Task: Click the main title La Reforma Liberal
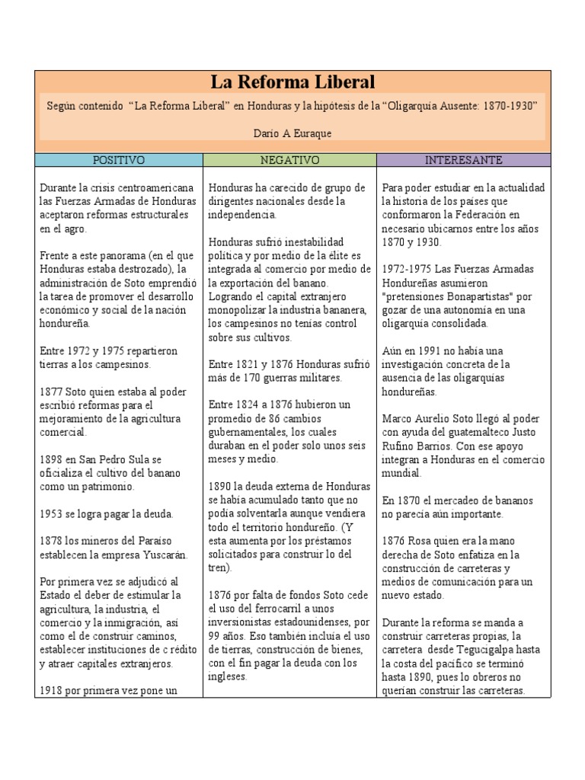click(292, 82)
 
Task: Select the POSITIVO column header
click(118, 160)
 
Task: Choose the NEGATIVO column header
click(289, 160)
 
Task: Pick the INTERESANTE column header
click(463, 160)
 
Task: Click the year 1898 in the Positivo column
click(51, 459)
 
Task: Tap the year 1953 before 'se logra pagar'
click(51, 514)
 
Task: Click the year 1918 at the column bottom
click(51, 691)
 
